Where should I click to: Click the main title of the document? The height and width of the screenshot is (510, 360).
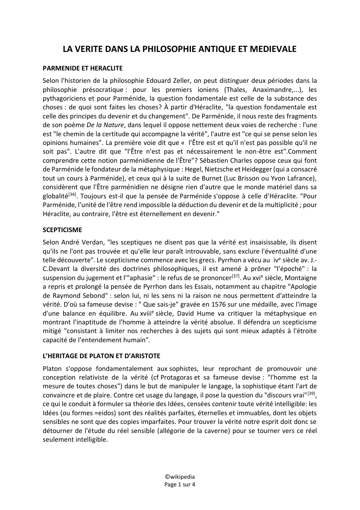click(180, 49)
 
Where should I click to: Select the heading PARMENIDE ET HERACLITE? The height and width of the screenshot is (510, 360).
click(82, 68)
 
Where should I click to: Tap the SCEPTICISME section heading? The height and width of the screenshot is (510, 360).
click(62, 230)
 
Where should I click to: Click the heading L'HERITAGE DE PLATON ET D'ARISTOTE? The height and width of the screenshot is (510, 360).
click(101, 356)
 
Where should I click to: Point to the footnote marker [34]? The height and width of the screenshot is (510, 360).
click(72, 194)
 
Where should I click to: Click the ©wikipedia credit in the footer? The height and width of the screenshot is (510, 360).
click(180, 477)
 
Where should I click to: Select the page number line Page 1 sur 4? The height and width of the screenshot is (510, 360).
click(180, 484)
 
